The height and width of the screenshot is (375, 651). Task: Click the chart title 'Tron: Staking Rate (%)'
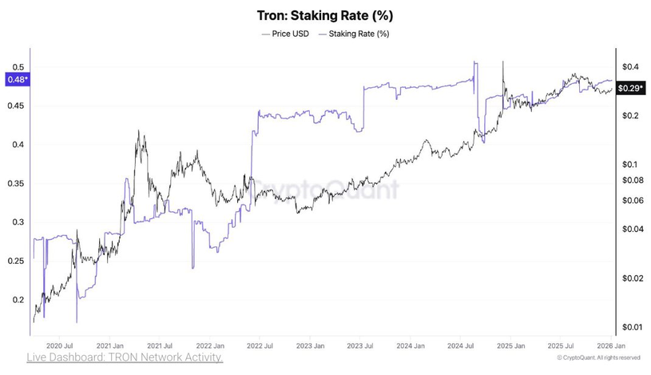325,15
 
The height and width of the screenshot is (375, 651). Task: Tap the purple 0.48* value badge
17,79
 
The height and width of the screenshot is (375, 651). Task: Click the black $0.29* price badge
631,89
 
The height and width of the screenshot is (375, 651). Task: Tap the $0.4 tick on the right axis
630,66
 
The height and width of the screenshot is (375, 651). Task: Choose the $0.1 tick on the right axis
630,164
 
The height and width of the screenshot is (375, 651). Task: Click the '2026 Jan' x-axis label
609,346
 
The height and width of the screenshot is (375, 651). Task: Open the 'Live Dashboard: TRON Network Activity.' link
125,357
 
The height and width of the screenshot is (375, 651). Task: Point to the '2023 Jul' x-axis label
360,346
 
